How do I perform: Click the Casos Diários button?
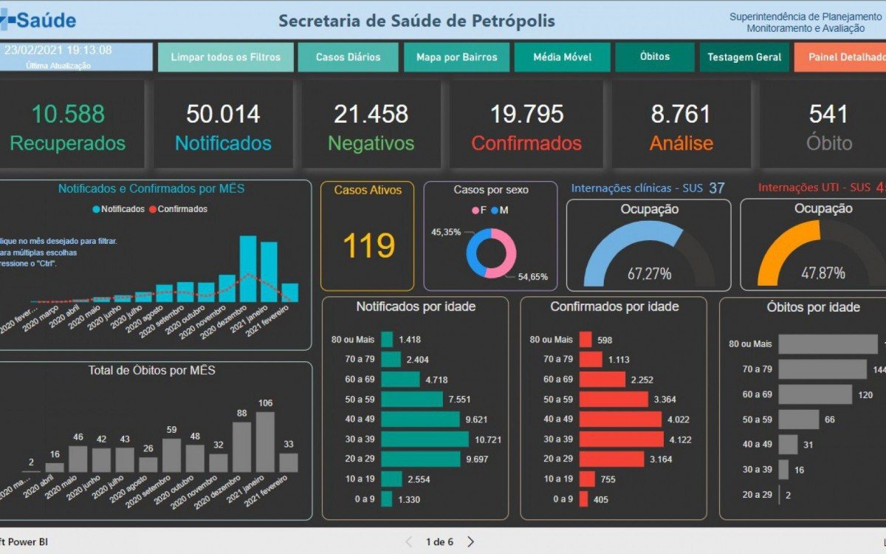coord(348,57)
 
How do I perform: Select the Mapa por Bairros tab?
coord(456,57)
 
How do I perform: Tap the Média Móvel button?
coord(562,57)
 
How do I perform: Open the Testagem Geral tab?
coord(744,57)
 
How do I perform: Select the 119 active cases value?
coord(368,244)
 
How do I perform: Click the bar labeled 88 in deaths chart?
coord(241,447)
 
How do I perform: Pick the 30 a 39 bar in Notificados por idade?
coord(425,439)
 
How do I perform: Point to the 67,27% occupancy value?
coord(649,274)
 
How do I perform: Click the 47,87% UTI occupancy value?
coord(823,273)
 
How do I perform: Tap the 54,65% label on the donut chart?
coord(532,277)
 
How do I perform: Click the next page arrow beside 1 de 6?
coord(470,541)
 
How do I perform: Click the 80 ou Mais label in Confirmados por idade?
coord(551,340)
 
